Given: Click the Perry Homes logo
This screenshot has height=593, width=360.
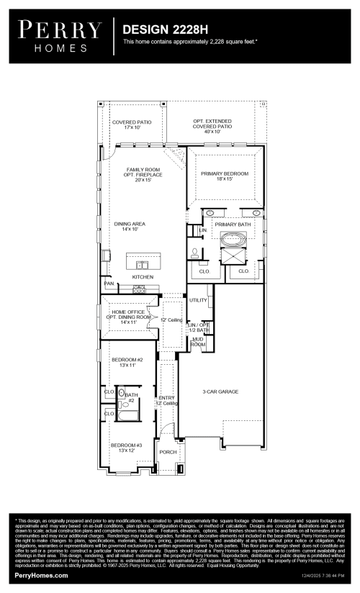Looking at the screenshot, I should click(x=60, y=36).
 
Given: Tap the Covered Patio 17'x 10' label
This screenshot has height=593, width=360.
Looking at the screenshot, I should click(x=131, y=125).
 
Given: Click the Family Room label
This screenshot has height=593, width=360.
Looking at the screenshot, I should click(x=143, y=173).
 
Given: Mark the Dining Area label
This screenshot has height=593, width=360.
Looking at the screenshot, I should click(x=130, y=227).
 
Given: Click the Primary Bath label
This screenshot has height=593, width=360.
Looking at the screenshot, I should click(x=235, y=225).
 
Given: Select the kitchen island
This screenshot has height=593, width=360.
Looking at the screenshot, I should click(x=143, y=259).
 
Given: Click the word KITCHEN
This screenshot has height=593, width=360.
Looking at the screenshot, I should click(x=143, y=277).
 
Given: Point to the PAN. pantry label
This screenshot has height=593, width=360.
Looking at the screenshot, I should click(x=109, y=284).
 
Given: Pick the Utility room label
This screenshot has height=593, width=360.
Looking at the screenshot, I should click(x=198, y=300).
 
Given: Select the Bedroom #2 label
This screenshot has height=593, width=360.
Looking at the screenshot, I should click(x=127, y=362).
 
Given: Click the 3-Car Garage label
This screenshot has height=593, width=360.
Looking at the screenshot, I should click(x=220, y=391).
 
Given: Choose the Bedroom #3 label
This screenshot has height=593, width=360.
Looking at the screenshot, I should click(x=127, y=448).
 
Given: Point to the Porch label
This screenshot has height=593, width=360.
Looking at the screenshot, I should click(x=168, y=452).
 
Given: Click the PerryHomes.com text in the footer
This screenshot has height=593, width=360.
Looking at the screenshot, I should click(x=42, y=576).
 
